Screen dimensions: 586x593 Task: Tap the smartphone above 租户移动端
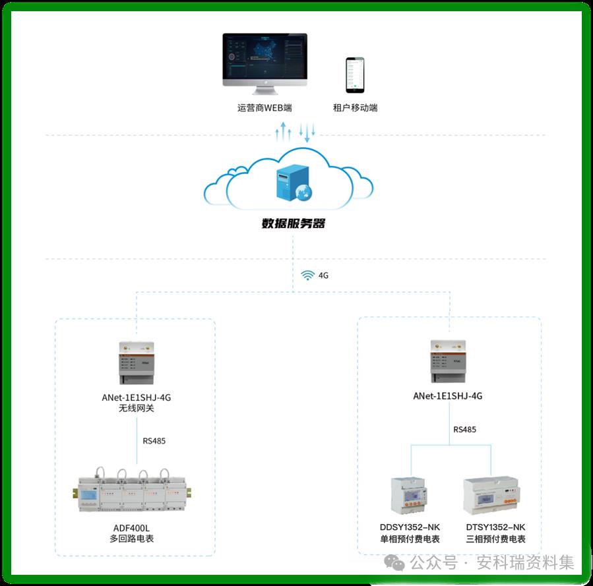click(356, 74)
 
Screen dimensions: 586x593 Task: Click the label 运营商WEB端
click(265, 107)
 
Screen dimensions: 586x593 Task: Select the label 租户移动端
click(356, 107)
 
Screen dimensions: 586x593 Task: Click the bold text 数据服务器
click(294, 223)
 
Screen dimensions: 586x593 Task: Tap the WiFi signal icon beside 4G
click(307, 276)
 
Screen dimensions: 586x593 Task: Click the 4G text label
click(323, 276)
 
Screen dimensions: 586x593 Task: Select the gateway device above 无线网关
click(136, 363)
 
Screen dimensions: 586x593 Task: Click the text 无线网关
click(136, 409)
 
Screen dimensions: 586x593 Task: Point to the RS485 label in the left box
click(154, 441)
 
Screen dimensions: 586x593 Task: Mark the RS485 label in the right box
click(464, 430)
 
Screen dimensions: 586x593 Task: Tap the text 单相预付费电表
click(410, 539)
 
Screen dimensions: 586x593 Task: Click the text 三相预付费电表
click(495, 539)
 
